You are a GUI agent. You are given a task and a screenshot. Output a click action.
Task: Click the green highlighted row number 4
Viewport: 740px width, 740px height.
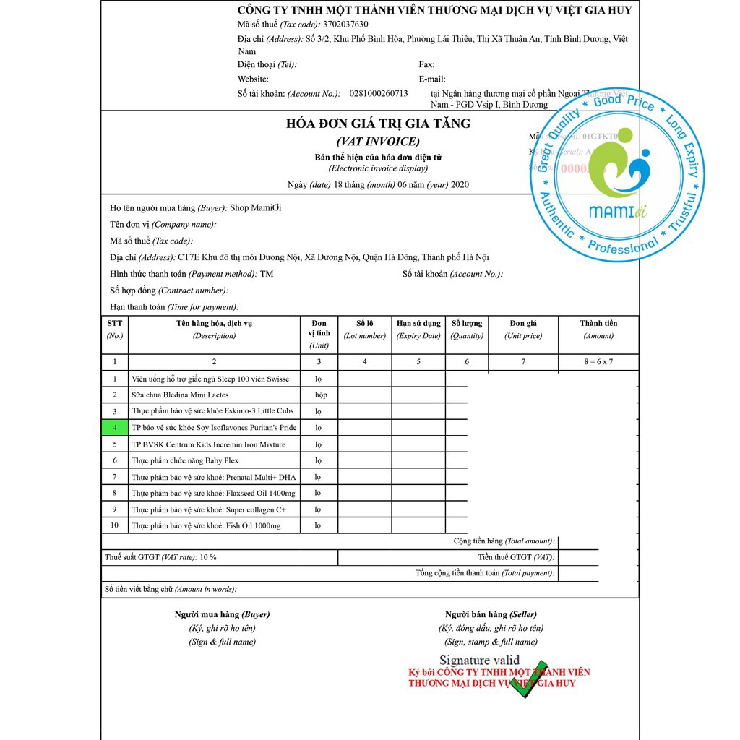pyautogui.click(x=114, y=427)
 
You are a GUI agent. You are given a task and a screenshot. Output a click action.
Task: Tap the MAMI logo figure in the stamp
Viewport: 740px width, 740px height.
pyautogui.click(x=619, y=171)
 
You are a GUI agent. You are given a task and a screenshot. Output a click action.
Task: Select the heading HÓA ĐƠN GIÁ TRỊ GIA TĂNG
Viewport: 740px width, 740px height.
pyautogui.click(x=378, y=124)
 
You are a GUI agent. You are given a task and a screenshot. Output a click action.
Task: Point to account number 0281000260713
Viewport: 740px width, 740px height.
pyautogui.click(x=378, y=93)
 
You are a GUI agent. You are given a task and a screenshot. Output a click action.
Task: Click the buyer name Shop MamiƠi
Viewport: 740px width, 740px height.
pyautogui.click(x=256, y=208)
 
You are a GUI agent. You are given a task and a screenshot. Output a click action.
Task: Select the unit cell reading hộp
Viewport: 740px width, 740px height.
pyautogui.click(x=321, y=395)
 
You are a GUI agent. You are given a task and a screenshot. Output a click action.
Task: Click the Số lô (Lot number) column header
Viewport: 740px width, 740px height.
pyautogui.click(x=365, y=329)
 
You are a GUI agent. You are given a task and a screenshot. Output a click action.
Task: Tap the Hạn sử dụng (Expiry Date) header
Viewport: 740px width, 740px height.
pyautogui.click(x=418, y=329)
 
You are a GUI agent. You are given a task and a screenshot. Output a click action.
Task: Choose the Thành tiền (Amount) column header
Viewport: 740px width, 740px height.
pyautogui.click(x=598, y=329)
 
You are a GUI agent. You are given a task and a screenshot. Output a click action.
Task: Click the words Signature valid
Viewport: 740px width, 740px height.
pyautogui.click(x=479, y=660)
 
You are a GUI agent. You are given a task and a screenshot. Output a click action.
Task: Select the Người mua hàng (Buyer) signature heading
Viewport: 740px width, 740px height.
pyautogui.click(x=222, y=614)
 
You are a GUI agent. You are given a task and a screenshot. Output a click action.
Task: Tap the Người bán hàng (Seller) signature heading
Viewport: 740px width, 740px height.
pyautogui.click(x=491, y=614)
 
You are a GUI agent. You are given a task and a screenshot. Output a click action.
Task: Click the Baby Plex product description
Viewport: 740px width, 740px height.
pyautogui.click(x=185, y=460)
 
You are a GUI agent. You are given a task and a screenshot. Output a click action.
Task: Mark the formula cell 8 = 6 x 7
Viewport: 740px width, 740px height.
pyautogui.click(x=598, y=361)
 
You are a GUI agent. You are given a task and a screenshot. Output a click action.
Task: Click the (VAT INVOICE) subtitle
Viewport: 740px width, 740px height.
pyautogui.click(x=378, y=142)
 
